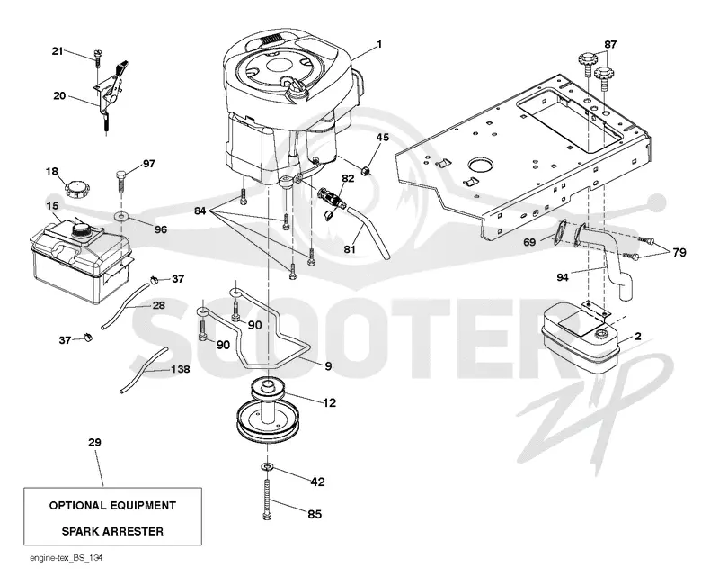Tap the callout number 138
(x=180, y=369)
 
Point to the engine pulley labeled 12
(x=268, y=411)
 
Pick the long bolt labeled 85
(x=267, y=499)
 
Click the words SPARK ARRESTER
(x=112, y=531)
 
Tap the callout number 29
(x=94, y=443)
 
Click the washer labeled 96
(x=121, y=215)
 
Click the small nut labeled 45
(x=367, y=172)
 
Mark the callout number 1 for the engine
(x=379, y=44)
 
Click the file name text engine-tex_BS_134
(x=66, y=558)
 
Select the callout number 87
(x=610, y=45)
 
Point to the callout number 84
(x=200, y=211)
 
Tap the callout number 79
(x=679, y=252)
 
